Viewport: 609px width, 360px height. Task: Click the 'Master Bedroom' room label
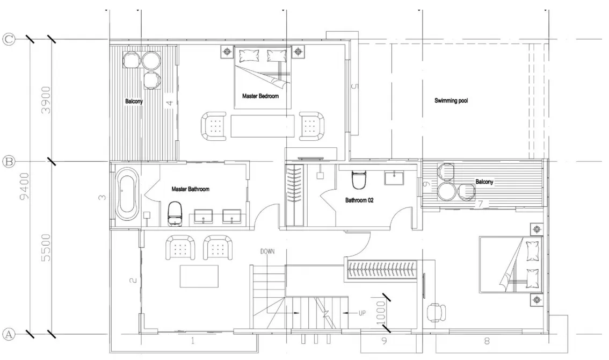coord(260,96)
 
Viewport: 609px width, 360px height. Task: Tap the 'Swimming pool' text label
coord(451,100)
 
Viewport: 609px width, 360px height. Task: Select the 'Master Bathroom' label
coord(190,189)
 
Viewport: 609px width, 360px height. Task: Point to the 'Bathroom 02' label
coord(359,200)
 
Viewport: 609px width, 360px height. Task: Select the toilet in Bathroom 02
coord(358,181)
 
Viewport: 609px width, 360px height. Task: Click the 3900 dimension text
coord(46,100)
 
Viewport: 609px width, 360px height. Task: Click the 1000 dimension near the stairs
coord(381,312)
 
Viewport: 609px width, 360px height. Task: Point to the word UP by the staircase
coord(362,313)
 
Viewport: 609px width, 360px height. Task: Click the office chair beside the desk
coord(435,312)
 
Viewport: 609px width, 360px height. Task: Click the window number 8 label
coord(487,340)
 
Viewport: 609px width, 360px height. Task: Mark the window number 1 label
coord(192,340)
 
